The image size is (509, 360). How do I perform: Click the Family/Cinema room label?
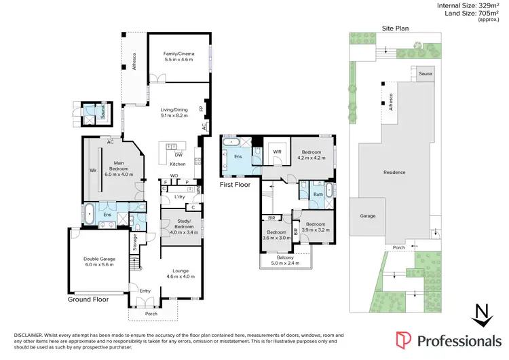[178, 56]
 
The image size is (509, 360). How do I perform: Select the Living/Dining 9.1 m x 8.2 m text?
[174, 112]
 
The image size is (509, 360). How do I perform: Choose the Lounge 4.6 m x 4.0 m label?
[181, 273]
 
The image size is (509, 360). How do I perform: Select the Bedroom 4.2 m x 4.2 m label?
[312, 154]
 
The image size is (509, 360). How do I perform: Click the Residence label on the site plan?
[394, 172]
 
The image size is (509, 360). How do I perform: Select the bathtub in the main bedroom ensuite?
[89, 214]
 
